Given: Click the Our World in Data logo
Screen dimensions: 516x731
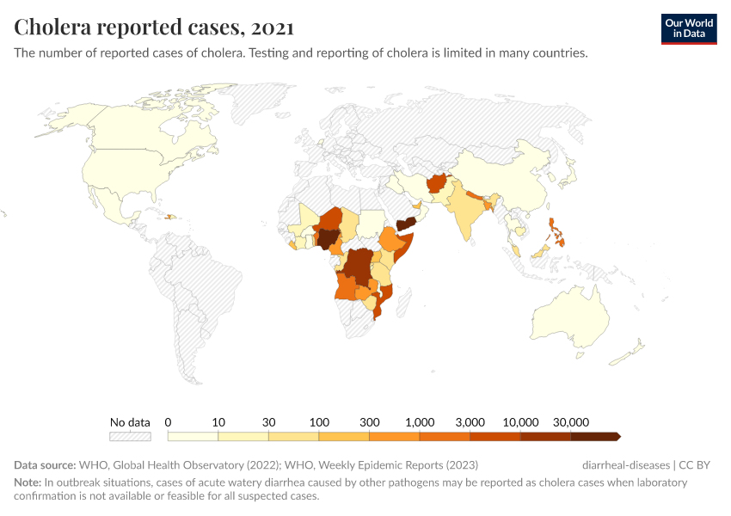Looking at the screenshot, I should coord(689,28).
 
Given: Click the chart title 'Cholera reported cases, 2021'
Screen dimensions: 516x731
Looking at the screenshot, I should coord(154,28).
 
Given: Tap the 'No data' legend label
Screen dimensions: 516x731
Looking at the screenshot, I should coord(130,422).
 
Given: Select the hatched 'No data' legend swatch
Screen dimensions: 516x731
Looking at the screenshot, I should coord(130,436).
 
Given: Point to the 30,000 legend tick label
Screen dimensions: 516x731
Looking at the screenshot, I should coord(570,422).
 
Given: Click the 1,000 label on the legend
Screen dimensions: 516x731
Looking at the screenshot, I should coord(419,422).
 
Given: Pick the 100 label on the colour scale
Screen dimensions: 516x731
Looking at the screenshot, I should coord(320,422).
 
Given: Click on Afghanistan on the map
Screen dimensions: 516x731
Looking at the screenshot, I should coord(437,185).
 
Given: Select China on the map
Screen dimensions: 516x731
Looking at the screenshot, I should coord(507,176).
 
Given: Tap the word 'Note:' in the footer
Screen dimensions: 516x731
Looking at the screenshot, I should coord(28,482).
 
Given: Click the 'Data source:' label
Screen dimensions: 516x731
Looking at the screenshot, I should coord(44,465).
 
